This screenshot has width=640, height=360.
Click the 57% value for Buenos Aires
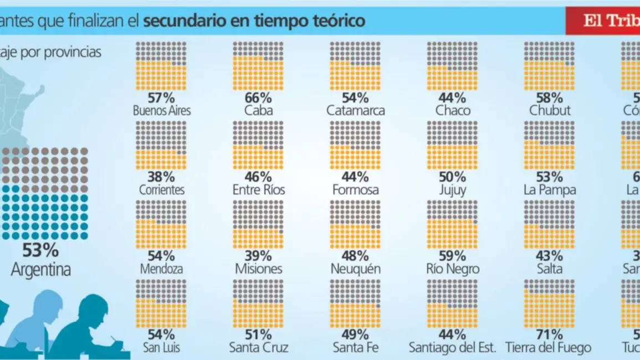click(161, 98)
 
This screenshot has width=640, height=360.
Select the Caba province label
click(258, 111)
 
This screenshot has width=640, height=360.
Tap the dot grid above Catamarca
click(355, 66)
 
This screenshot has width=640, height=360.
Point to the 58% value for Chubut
click(550, 98)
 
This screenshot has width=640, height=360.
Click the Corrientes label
click(161, 190)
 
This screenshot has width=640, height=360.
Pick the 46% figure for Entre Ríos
click(258, 177)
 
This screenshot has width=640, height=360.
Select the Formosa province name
click(355, 190)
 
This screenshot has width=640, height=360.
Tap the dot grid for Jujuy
click(452, 145)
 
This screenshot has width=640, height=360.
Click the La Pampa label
click(550, 190)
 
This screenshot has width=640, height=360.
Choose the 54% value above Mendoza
click(161, 256)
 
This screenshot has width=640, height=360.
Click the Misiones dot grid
click(258, 224)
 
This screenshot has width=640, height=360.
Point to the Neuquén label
click(355, 269)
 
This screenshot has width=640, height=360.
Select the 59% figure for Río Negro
click(452, 256)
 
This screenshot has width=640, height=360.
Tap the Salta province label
click(550, 269)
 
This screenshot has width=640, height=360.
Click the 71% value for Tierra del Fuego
click(550, 335)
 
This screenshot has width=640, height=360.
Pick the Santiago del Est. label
click(452, 348)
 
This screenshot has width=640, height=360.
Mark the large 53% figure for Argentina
click(41, 250)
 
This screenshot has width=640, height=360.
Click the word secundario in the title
click(185, 21)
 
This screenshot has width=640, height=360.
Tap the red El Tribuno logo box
click(603, 21)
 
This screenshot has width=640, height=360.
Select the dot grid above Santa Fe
click(355, 304)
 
